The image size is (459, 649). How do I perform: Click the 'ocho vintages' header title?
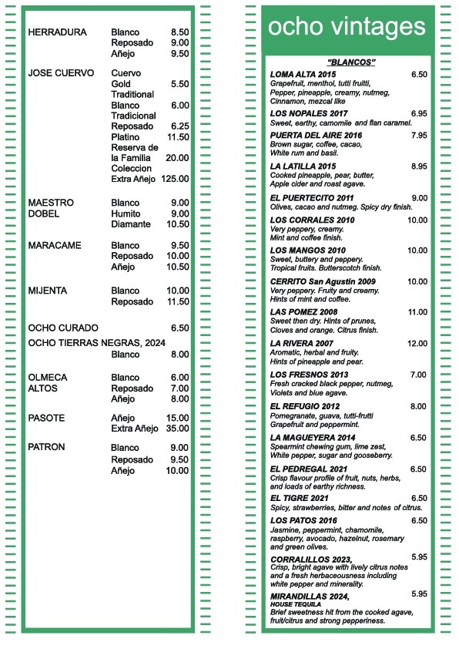(347, 28)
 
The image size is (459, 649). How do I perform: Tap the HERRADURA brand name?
(57, 32)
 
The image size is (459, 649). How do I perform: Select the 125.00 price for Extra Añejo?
(175, 179)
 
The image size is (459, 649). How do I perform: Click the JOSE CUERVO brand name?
(61, 73)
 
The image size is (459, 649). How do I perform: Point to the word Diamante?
(131, 224)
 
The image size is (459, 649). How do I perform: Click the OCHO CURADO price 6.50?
(179, 328)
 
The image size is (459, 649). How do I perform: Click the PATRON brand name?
(46, 447)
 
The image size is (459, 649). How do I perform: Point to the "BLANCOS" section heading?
(351, 62)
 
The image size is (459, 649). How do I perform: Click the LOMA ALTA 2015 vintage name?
(303, 75)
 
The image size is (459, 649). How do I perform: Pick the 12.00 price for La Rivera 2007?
(417, 344)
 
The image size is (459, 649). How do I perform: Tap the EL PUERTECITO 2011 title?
(312, 198)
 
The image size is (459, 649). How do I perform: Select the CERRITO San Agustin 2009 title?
(323, 281)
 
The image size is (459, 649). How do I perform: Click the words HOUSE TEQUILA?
(296, 604)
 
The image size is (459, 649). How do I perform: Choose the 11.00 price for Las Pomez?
(417, 312)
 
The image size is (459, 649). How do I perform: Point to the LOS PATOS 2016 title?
(303, 521)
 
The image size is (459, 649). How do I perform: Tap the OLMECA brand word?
(48, 378)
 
